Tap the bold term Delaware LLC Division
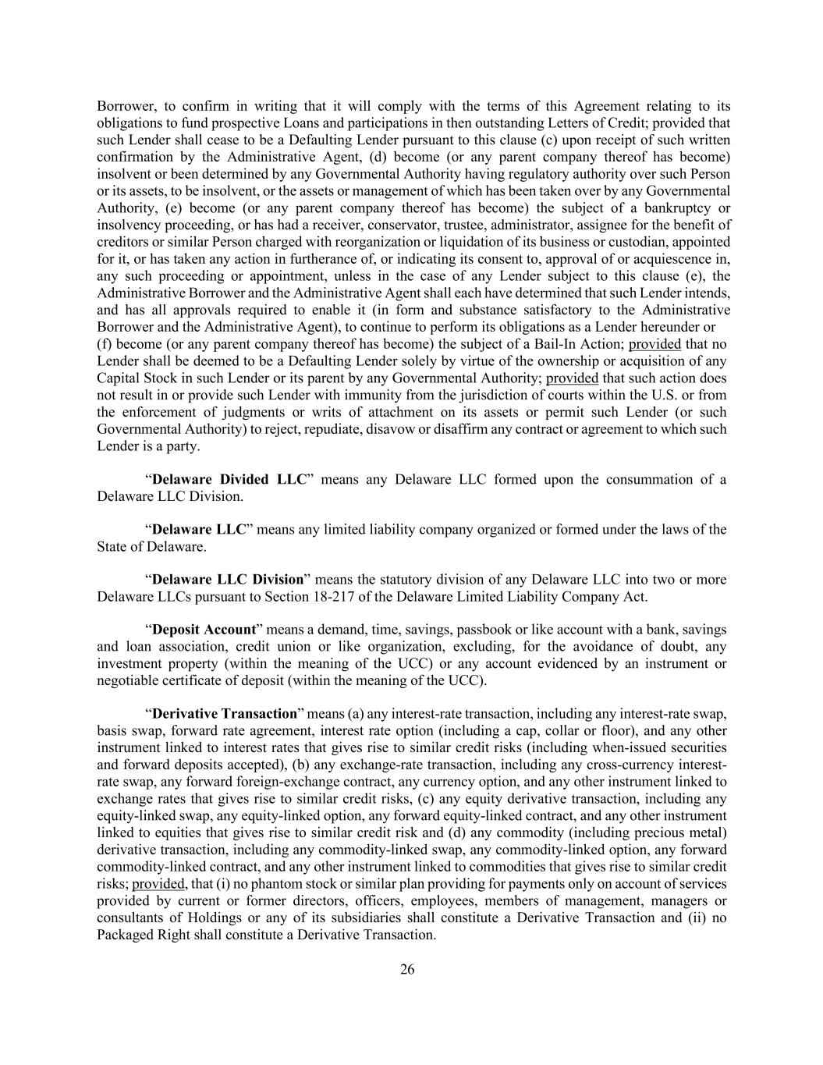pyautogui.click(x=227, y=580)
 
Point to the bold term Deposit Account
pyautogui.click(x=204, y=630)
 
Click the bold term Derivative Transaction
pyautogui.click(x=224, y=714)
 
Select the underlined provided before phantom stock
pyautogui.click(x=158, y=884)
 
